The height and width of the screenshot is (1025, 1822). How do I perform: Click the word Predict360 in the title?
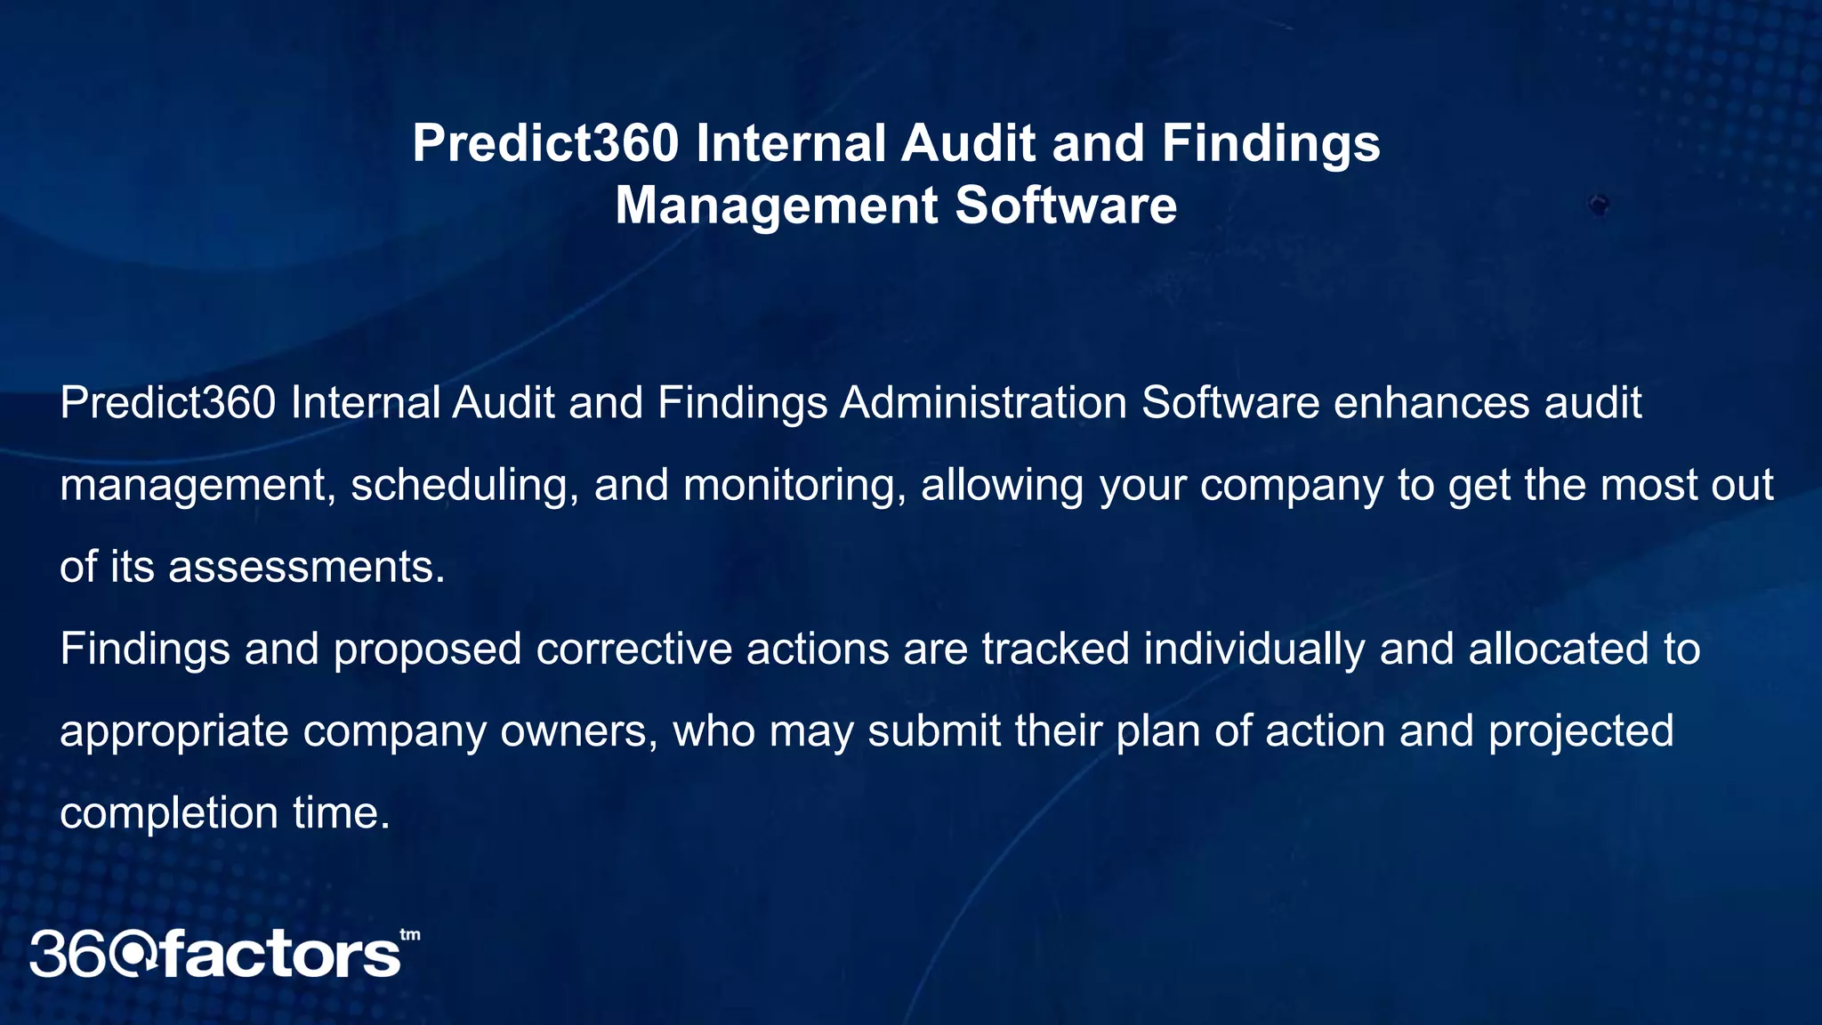pos(545,143)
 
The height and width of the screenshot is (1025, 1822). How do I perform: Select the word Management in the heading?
pos(777,206)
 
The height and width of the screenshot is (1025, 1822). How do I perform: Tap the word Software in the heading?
pos(1066,206)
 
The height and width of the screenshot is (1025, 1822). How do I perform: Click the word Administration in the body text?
pos(983,403)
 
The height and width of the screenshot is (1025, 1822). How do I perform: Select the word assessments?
pos(306,567)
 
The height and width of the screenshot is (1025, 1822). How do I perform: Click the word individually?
pos(1254,649)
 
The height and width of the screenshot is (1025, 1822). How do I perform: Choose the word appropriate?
pos(174,731)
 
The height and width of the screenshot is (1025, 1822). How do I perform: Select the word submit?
pos(934,731)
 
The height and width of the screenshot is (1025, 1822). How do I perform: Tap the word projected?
pos(1581,731)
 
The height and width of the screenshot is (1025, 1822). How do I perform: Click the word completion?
pos(169,813)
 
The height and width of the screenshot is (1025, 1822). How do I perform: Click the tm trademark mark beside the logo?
pos(410,935)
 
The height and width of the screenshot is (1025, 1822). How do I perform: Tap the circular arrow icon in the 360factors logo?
pos(136,955)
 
